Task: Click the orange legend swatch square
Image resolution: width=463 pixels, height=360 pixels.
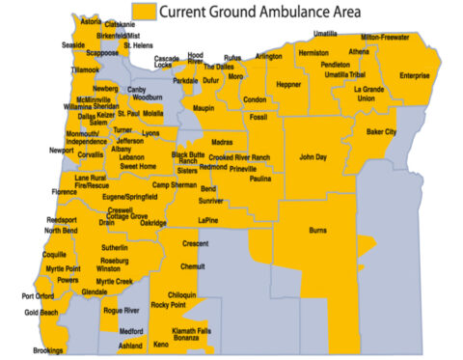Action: [x=145, y=12]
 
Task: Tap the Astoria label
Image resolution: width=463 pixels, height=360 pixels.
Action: [x=92, y=21]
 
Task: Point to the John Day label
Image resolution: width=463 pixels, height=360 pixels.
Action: [x=313, y=155]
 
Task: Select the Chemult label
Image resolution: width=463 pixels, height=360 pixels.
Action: [x=193, y=265]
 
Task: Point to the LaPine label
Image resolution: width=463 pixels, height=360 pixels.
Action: [x=209, y=220]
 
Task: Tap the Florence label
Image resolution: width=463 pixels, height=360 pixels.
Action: [x=64, y=192]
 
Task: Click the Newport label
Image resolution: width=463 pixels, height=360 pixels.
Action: [x=62, y=151]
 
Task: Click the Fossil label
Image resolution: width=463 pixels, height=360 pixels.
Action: [x=259, y=117]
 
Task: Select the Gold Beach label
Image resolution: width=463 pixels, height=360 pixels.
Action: [x=41, y=313]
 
